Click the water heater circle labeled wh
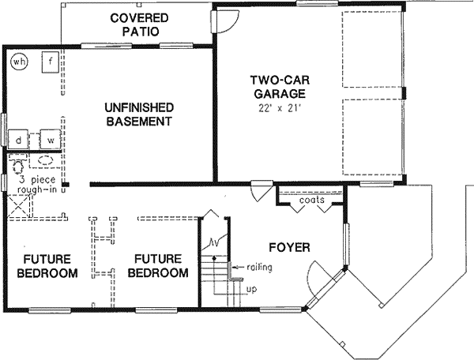(19, 61)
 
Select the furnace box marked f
(49, 62)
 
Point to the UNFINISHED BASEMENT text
(138, 114)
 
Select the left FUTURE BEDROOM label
(50, 266)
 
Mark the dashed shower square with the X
(19, 205)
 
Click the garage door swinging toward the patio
(224, 23)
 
